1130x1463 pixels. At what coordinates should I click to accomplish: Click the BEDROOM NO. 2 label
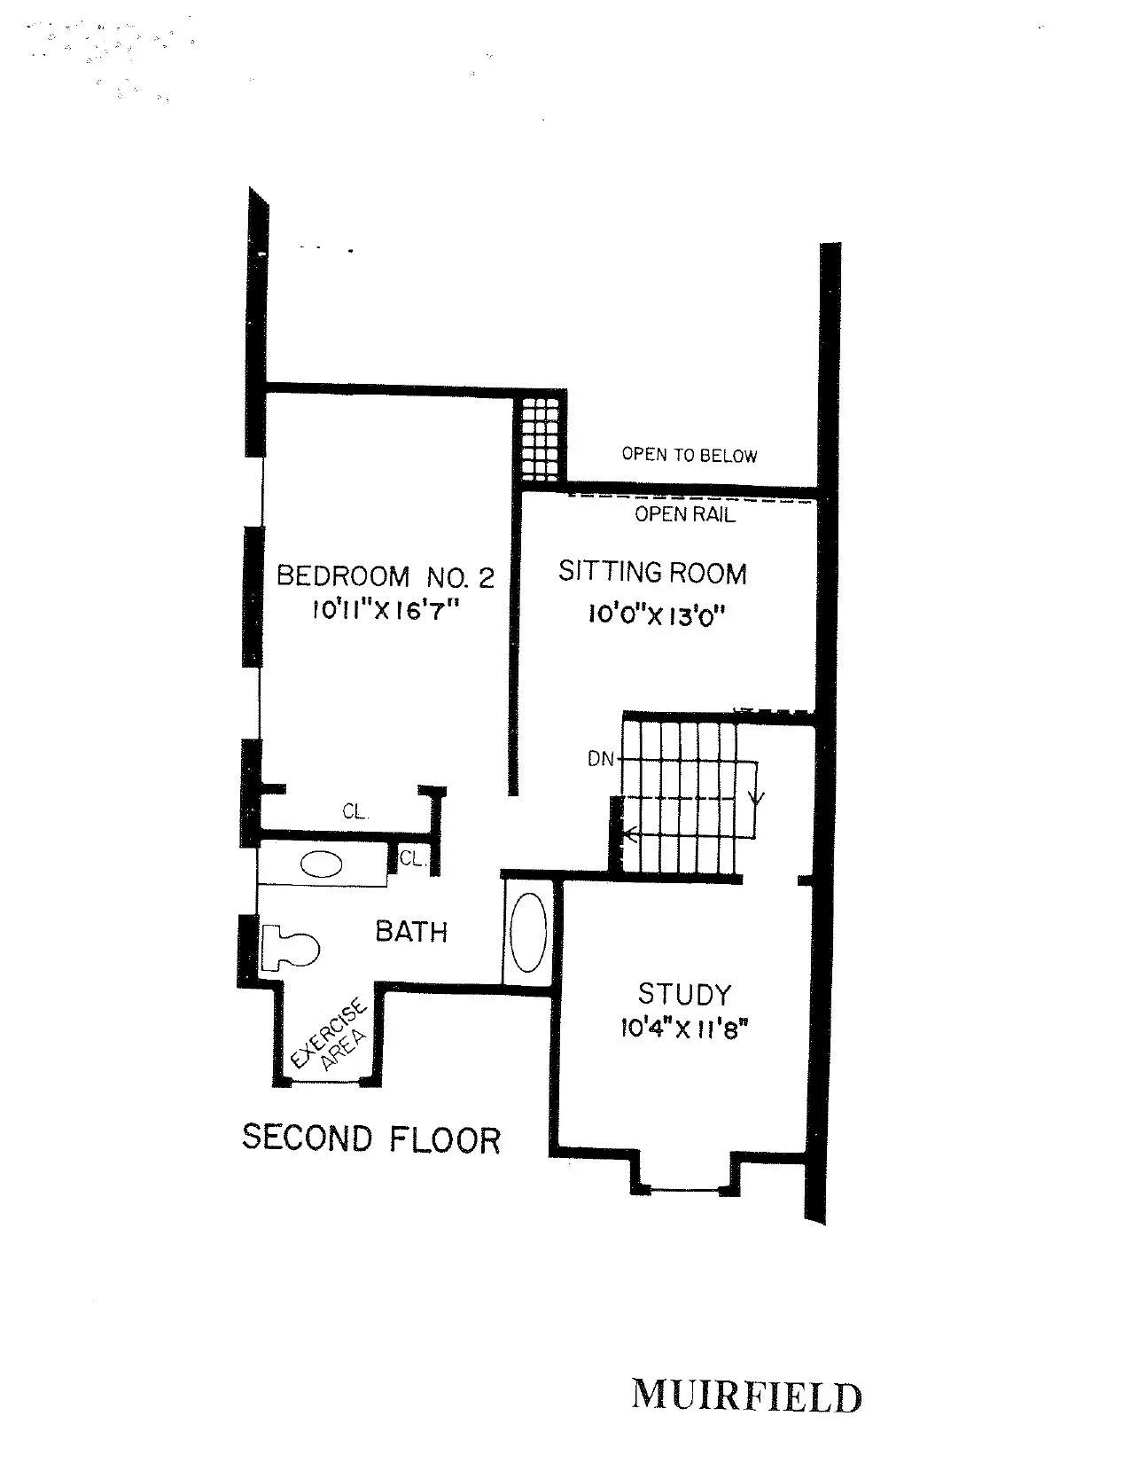(385, 576)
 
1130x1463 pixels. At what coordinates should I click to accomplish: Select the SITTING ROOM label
(652, 573)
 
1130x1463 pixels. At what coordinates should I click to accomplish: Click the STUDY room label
(684, 994)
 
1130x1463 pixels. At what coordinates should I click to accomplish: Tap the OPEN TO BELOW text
(690, 455)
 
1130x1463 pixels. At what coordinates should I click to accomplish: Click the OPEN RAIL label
(685, 514)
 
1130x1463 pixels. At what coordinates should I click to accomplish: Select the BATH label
(411, 931)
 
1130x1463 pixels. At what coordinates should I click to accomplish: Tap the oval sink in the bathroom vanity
(321, 864)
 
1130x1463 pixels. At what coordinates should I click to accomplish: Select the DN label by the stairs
(600, 759)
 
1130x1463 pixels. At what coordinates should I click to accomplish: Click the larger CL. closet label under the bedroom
(355, 811)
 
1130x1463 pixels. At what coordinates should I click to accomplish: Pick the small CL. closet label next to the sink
(411, 858)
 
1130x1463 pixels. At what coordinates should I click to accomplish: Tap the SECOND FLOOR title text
(371, 1138)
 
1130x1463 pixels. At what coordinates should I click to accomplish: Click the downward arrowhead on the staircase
(756, 798)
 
